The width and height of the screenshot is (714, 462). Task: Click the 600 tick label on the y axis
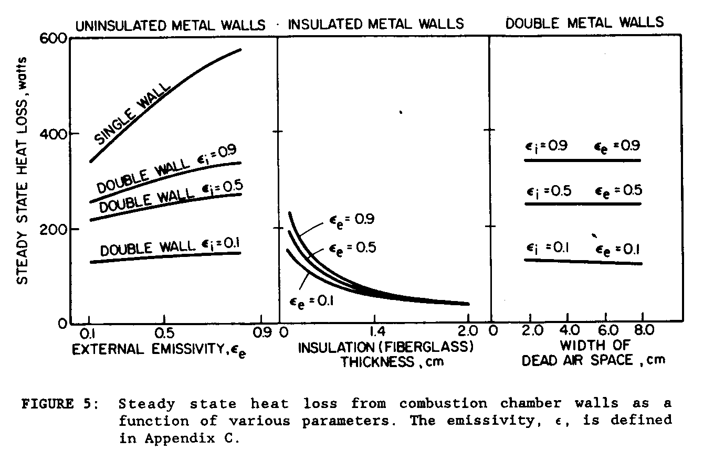[x=52, y=39]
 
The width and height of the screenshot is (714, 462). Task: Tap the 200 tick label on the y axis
[x=52, y=229]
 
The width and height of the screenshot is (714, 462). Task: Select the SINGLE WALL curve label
[x=133, y=113]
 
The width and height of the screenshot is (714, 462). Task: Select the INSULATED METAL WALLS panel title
[x=376, y=24]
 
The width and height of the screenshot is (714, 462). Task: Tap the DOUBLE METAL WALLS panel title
[x=584, y=23]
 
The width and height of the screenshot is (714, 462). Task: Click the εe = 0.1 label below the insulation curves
[x=312, y=301]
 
